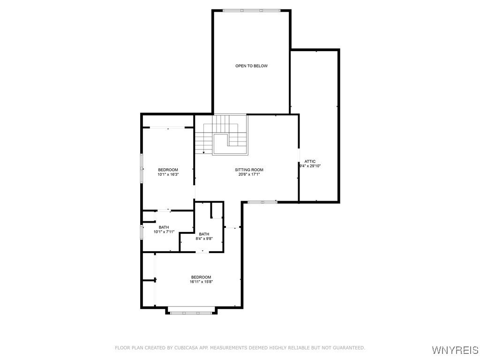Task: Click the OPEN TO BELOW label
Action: click(251, 66)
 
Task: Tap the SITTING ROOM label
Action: click(249, 170)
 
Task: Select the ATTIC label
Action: click(310, 161)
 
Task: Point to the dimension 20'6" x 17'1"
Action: click(249, 174)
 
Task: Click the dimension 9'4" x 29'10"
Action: click(310, 166)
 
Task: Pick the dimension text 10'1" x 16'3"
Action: click(168, 174)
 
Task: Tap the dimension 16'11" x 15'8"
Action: click(201, 282)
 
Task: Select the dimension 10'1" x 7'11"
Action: click(164, 232)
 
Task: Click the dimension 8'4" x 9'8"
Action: click(204, 239)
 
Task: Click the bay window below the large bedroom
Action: click(191, 313)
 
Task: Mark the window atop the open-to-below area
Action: click(251, 10)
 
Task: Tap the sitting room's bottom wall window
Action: click(262, 202)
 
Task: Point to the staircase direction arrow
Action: click(203, 152)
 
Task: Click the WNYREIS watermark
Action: click(455, 350)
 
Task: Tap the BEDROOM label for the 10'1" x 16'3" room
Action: click(168, 170)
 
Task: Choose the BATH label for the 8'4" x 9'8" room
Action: click(204, 234)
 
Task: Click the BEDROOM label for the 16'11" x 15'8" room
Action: click(201, 277)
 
